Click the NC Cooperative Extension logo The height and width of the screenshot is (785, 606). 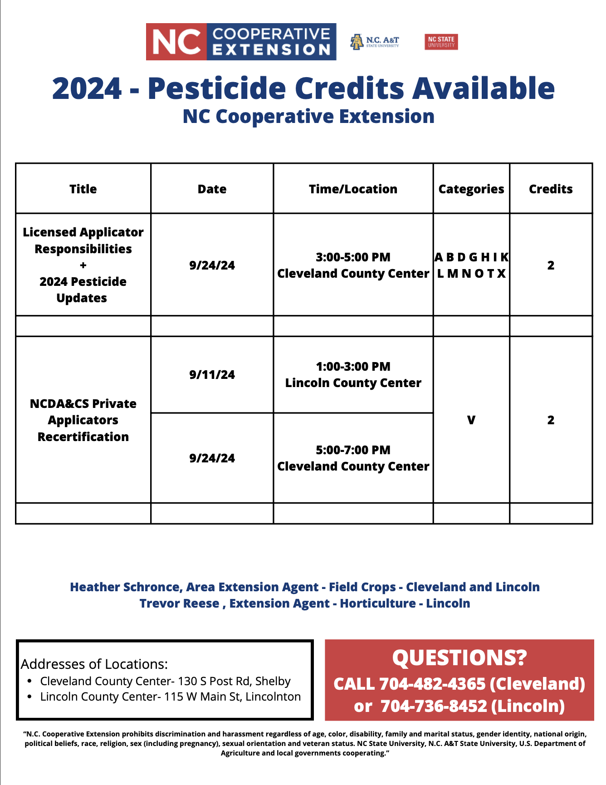point(241,42)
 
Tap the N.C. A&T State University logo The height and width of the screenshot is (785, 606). point(375,42)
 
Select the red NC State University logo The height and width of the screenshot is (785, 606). point(441,42)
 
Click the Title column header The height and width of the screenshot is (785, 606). point(83,189)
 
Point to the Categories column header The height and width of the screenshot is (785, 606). point(471,189)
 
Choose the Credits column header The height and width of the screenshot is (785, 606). point(551,189)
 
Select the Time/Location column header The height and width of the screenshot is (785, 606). point(353,189)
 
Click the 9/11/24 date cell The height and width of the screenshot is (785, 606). point(212,375)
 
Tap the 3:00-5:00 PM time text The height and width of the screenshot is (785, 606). point(353,257)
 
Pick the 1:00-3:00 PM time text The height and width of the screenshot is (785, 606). point(353,367)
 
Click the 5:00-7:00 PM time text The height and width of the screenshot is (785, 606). point(353,450)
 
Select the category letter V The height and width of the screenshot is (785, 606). point(471,420)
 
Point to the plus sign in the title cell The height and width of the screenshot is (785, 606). point(83,265)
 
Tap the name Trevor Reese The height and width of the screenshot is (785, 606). point(179,603)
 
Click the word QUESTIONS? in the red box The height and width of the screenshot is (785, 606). point(459,657)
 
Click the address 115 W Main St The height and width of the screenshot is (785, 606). point(202,697)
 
